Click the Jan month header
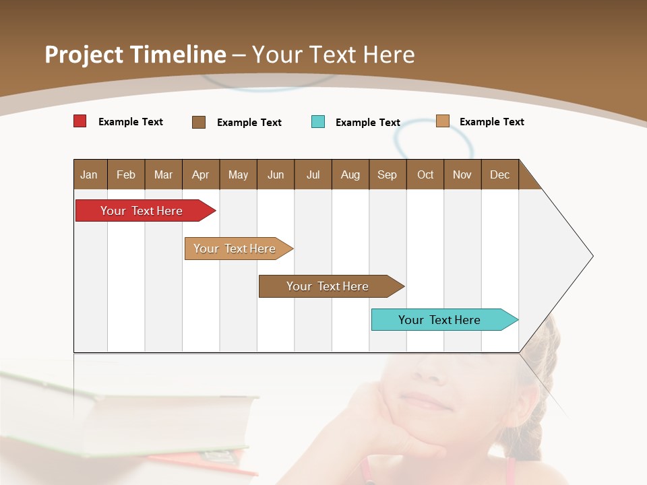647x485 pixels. click(90, 174)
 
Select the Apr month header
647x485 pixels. click(201, 174)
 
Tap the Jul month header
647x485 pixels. click(313, 174)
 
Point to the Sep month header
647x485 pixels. click(387, 174)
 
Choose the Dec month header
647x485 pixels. click(499, 174)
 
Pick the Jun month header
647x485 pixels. click(276, 174)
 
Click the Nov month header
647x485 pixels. click(462, 174)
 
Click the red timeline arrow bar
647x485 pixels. click(142, 211)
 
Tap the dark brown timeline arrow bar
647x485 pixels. click(328, 286)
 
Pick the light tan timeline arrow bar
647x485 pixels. click(235, 249)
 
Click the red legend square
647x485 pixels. click(80, 121)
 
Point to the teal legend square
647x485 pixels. click(318, 122)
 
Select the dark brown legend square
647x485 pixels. click(199, 122)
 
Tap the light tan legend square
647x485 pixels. click(443, 121)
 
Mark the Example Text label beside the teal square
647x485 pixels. click(368, 123)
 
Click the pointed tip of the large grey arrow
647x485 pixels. click(592, 256)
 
